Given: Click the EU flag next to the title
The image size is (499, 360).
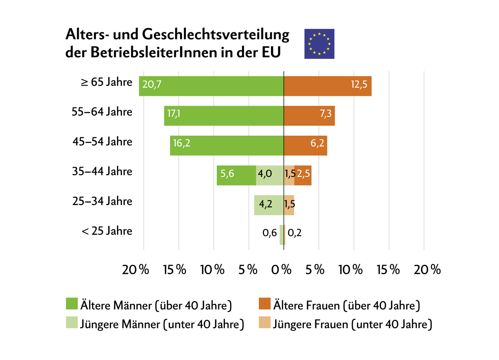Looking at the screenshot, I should click(x=319, y=44).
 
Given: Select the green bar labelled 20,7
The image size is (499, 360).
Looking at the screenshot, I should click(x=211, y=86).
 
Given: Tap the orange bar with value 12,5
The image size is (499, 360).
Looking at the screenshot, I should click(x=327, y=86).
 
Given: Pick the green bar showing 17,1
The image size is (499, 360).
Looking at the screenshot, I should click(x=224, y=116).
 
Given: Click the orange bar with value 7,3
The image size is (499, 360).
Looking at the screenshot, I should click(x=309, y=116).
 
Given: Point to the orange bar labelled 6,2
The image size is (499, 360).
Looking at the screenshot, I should click(x=305, y=145).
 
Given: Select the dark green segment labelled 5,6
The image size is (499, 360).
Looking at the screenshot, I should click(x=236, y=175).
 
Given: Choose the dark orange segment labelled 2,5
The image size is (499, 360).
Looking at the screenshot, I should click(x=303, y=175).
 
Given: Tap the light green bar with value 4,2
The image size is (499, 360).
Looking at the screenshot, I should click(x=269, y=205).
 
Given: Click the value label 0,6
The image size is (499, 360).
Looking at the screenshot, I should click(x=270, y=233).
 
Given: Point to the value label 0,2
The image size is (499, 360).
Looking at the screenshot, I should click(x=294, y=233).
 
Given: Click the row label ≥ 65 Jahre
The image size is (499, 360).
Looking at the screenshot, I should click(x=106, y=82).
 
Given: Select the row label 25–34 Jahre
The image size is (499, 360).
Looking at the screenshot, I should click(x=102, y=201).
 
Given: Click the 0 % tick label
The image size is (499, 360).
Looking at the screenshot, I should click(x=284, y=270).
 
